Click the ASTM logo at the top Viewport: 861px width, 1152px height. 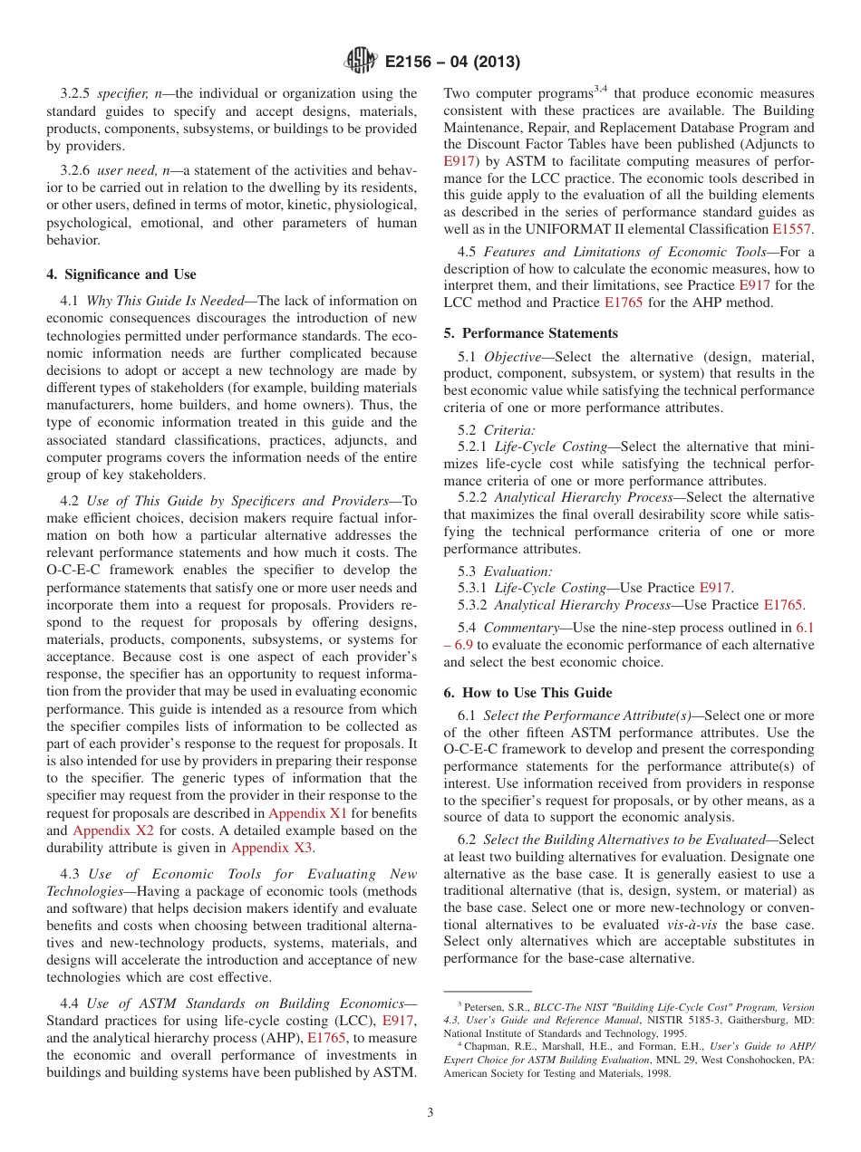tap(361, 62)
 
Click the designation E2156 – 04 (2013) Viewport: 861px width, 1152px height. tap(450, 62)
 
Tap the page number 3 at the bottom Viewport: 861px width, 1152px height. tap(430, 1113)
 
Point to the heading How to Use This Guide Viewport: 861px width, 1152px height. tap(527, 693)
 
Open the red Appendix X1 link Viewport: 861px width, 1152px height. tap(307, 813)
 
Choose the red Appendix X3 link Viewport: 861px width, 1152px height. tap(271, 848)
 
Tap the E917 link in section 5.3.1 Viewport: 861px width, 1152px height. tap(715, 589)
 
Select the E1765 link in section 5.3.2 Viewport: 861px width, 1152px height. tap(783, 605)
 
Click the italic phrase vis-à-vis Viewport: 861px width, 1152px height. tap(693, 925)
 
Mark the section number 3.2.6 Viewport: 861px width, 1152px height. tap(76, 170)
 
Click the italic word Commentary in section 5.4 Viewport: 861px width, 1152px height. tap(518, 628)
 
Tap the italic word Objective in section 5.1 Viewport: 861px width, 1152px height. tap(511, 357)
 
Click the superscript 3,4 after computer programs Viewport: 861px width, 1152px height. tap(601, 89)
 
